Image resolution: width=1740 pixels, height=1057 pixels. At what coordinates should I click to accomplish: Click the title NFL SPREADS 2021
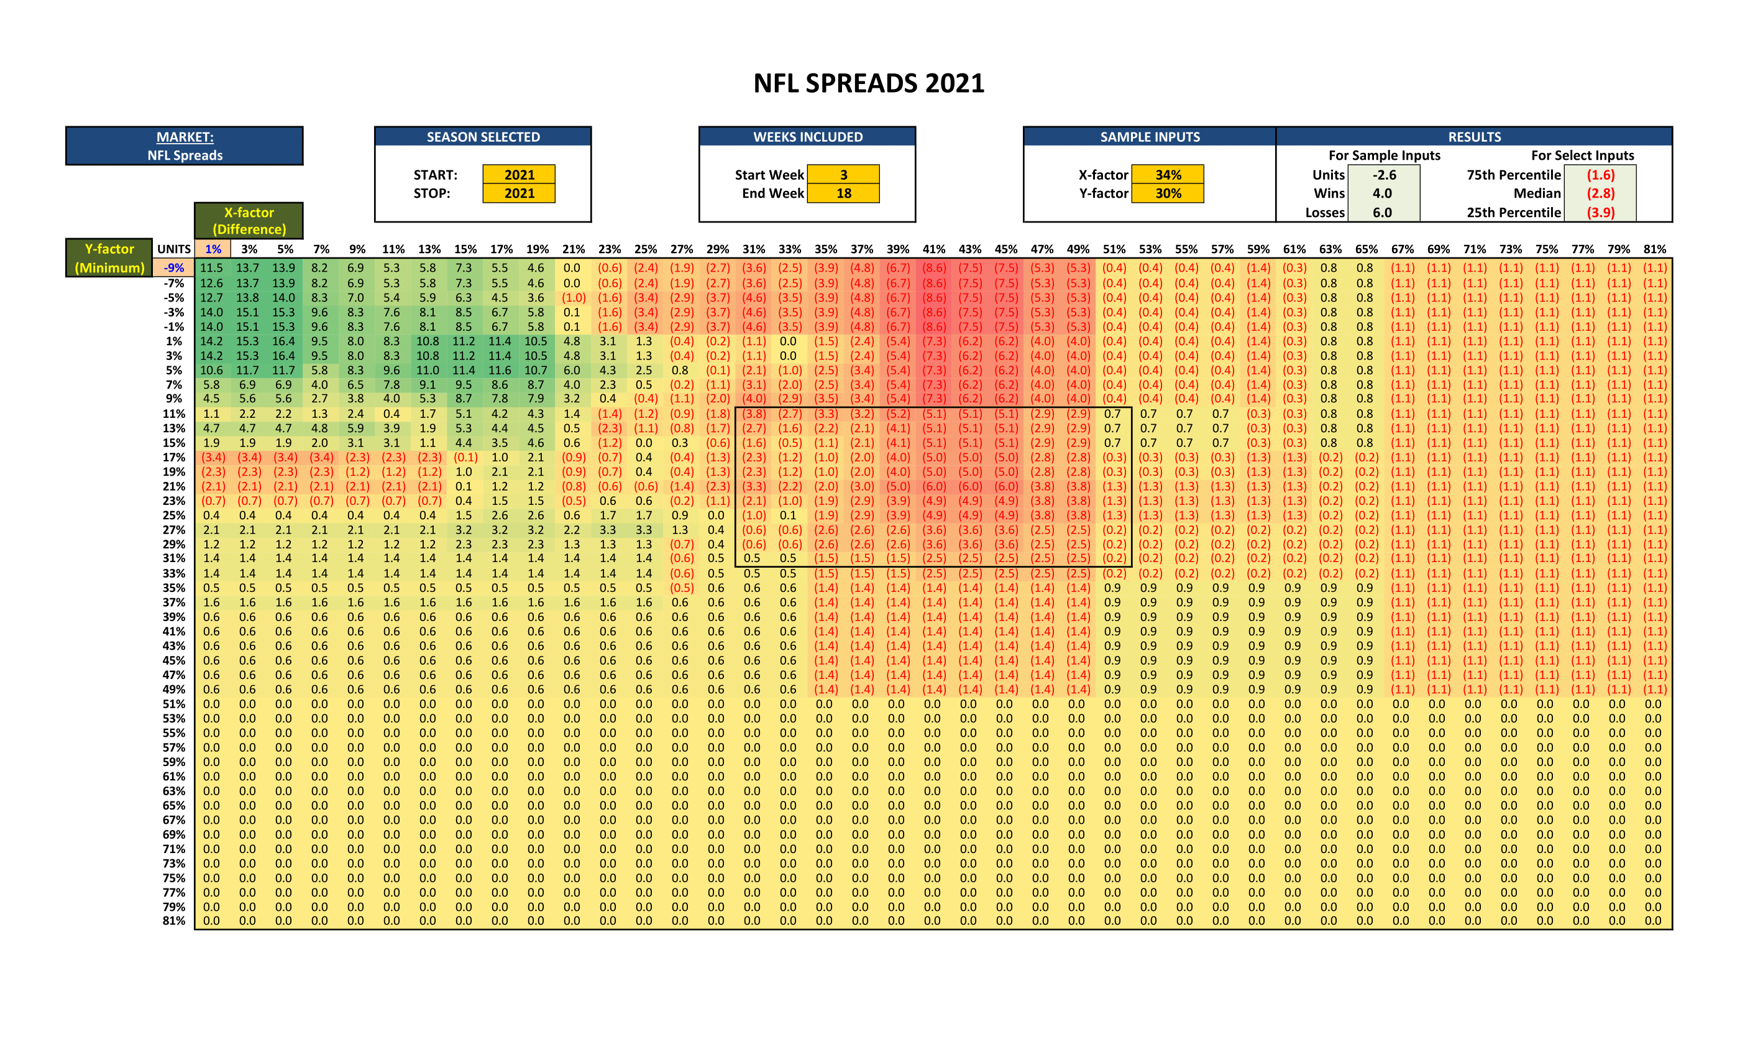pyautogui.click(x=869, y=83)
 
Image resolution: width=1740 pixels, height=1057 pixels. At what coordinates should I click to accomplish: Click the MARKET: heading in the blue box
pyautogui.click(x=185, y=137)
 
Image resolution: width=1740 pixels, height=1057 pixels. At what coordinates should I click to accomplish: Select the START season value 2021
pyautogui.click(x=519, y=175)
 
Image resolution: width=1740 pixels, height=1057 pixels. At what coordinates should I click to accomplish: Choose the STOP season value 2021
pyautogui.click(x=519, y=193)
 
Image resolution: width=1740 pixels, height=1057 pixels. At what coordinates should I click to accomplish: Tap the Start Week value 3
pyautogui.click(x=843, y=175)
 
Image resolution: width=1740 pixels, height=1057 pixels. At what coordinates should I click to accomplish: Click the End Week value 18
pyautogui.click(x=843, y=193)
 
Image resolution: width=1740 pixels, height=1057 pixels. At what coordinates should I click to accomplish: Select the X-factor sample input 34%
pyautogui.click(x=1168, y=175)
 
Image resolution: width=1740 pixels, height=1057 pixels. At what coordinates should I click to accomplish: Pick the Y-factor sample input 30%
pyautogui.click(x=1168, y=193)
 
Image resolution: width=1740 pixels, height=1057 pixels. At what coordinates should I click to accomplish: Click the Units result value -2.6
pyautogui.click(x=1383, y=175)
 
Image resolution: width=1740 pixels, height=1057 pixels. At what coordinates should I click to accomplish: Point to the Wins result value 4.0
pyautogui.click(x=1382, y=193)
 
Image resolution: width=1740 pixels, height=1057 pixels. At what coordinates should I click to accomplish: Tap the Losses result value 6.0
pyautogui.click(x=1382, y=212)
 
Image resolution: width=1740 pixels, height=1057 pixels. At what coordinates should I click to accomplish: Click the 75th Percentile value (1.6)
pyautogui.click(x=1600, y=175)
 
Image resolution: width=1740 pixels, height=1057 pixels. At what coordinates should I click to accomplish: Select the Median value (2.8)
pyautogui.click(x=1600, y=193)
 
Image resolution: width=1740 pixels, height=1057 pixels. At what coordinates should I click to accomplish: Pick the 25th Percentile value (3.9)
pyautogui.click(x=1600, y=212)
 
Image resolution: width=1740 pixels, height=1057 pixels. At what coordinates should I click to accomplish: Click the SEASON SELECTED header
pyautogui.click(x=483, y=137)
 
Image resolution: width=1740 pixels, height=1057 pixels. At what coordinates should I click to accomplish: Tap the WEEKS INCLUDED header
pyautogui.click(x=808, y=137)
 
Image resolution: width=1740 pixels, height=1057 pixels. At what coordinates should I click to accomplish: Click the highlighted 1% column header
pyautogui.click(x=213, y=249)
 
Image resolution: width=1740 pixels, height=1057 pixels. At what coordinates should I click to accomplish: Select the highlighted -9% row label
pyautogui.click(x=174, y=268)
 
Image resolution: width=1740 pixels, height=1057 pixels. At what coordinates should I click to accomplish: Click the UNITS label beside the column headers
pyautogui.click(x=174, y=249)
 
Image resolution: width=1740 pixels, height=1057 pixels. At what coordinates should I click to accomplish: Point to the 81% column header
pyautogui.click(x=1654, y=249)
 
